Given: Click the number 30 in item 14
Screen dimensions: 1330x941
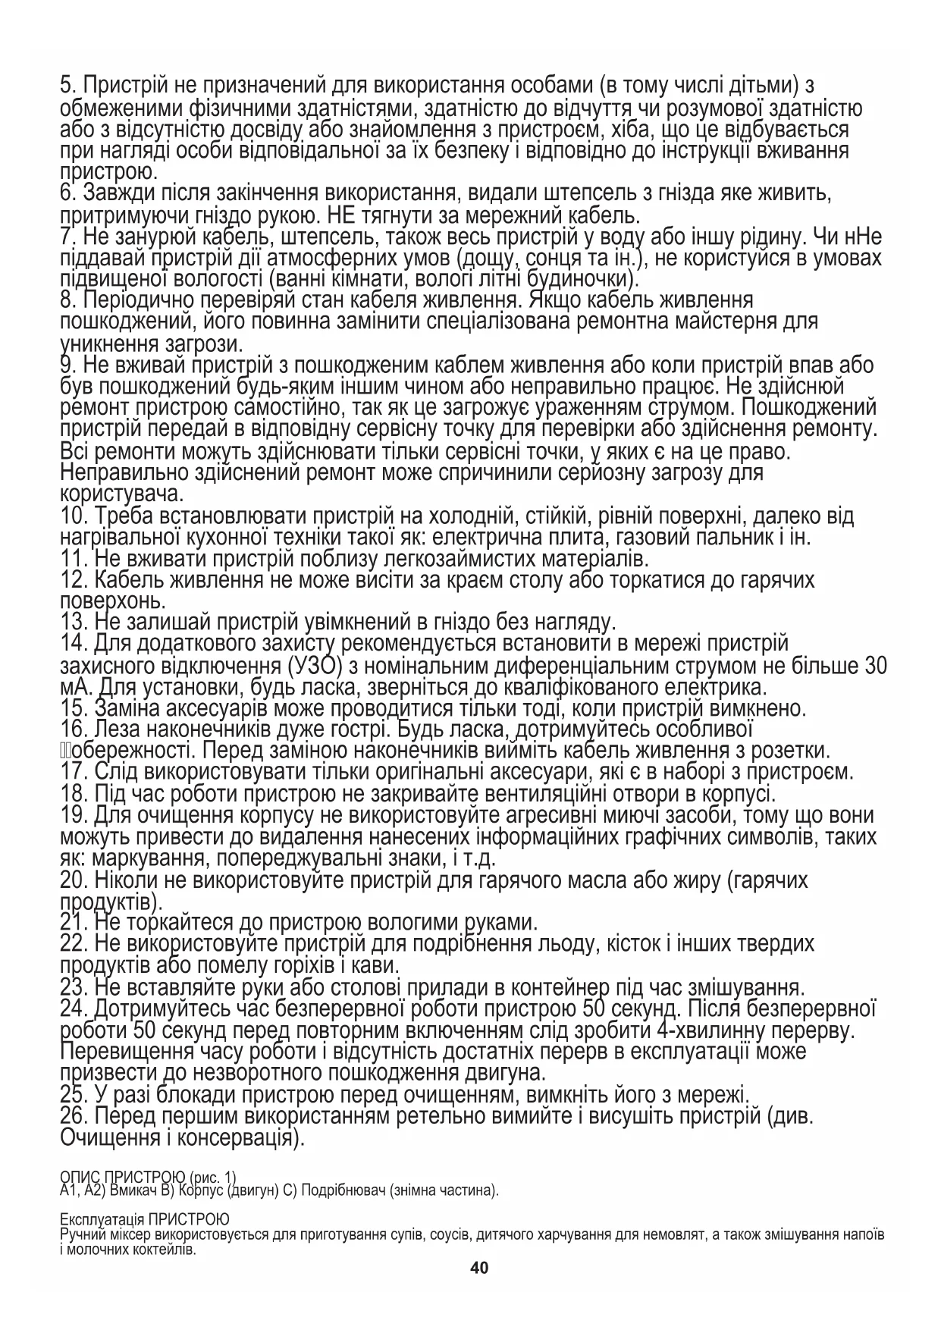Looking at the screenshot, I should pos(875,667).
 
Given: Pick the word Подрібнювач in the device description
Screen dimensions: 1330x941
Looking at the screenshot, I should pos(343,1190).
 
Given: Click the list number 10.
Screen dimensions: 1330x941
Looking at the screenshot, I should pos(75,518).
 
